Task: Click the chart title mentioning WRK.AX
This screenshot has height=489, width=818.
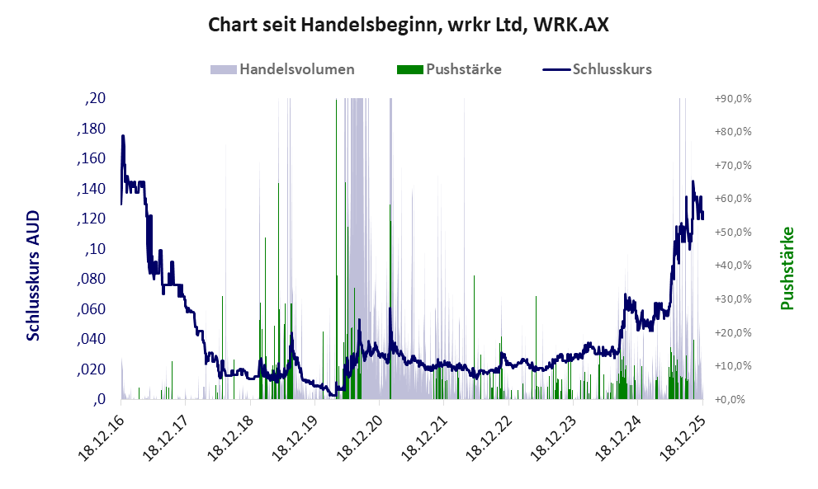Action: point(409,26)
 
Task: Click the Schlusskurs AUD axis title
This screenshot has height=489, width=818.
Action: point(34,275)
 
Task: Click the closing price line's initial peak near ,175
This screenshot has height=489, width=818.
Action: point(123,136)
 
